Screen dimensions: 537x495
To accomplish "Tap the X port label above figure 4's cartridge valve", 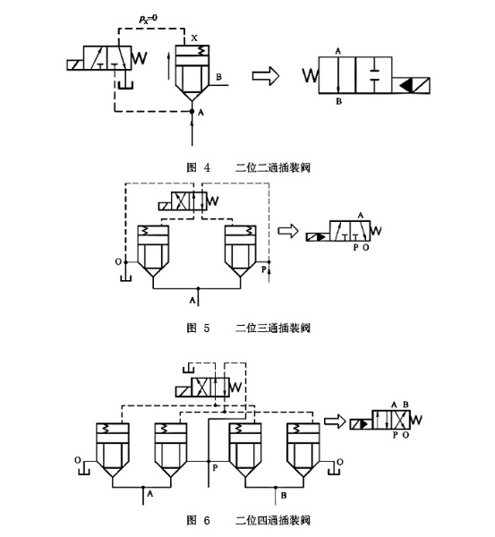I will (194, 38).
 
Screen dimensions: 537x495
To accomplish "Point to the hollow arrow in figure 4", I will (265, 78).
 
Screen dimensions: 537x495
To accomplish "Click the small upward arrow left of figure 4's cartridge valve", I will (166, 66).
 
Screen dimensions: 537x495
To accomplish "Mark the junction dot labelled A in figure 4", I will (192, 112).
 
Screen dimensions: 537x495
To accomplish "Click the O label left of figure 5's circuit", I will (118, 262).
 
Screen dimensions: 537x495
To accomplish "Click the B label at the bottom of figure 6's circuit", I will (284, 494).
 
